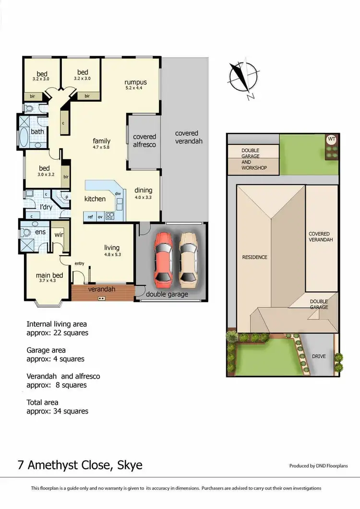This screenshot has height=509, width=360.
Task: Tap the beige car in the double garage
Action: pyautogui.click(x=189, y=258)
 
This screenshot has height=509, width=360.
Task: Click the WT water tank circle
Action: pyautogui.click(x=331, y=139)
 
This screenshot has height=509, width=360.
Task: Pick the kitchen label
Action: pyautogui.click(x=95, y=199)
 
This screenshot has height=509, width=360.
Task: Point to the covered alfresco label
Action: pyautogui.click(x=144, y=140)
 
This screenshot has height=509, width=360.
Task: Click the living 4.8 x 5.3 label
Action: pyautogui.click(x=112, y=250)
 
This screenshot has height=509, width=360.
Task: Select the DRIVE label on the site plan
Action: pyautogui.click(x=319, y=356)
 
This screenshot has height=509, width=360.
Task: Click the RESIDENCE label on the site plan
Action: pyautogui.click(x=254, y=257)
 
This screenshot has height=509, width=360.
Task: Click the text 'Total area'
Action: pyautogui.click(x=42, y=402)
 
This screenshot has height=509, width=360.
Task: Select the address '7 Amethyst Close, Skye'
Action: pyautogui.click(x=80, y=465)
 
